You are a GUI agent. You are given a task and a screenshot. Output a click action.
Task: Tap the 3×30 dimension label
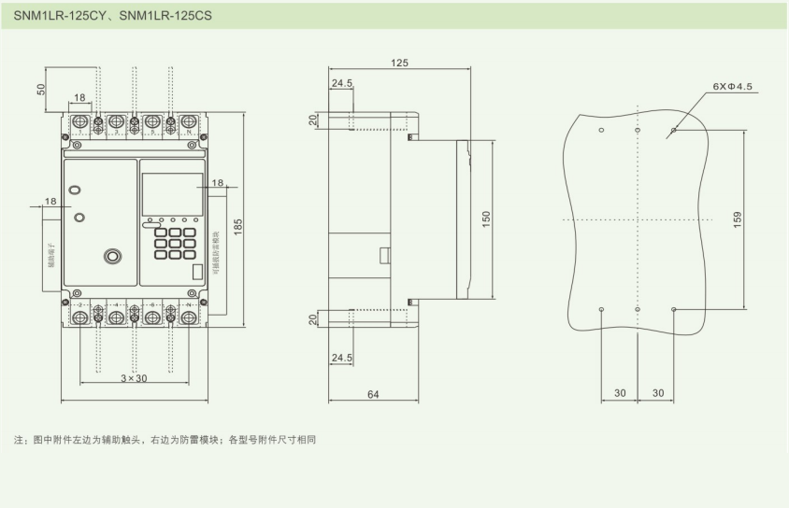pyautogui.click(x=135, y=378)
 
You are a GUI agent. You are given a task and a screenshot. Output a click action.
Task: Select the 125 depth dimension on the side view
pyautogui.click(x=399, y=63)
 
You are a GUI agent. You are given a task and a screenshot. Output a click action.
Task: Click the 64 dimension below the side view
pyautogui.click(x=372, y=395)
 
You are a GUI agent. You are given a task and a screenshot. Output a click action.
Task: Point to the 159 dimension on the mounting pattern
pyautogui.click(x=738, y=219)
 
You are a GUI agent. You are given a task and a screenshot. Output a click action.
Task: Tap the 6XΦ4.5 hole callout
pyautogui.click(x=732, y=86)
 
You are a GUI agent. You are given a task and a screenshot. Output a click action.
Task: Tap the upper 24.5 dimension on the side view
pyautogui.click(x=341, y=83)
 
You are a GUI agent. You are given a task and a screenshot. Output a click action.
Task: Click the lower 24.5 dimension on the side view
pyautogui.click(x=341, y=357)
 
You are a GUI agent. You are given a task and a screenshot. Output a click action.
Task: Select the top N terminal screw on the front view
pyautogui.click(x=190, y=121)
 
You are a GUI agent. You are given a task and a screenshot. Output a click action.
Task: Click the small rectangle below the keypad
pyautogui.click(x=195, y=274)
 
